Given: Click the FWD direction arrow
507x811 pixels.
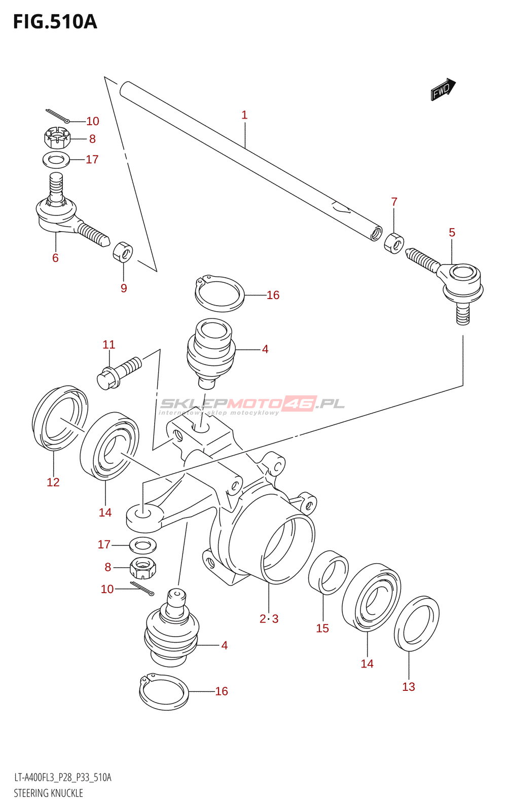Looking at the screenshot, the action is (443, 89).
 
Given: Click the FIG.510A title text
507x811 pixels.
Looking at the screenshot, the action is (55, 22).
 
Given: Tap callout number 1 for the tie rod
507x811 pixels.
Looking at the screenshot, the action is (244, 115).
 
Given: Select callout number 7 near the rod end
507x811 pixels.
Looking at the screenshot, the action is (394, 202).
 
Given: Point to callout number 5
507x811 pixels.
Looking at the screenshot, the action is (452, 233).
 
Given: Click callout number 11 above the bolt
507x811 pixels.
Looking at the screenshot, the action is (109, 344).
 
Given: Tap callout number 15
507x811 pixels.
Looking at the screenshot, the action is (322, 628).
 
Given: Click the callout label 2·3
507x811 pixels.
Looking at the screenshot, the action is (269, 619).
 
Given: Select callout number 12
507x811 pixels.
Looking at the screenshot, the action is (53, 482).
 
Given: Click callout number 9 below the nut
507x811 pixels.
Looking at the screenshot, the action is (124, 288).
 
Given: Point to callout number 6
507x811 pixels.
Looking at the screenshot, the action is (55, 258).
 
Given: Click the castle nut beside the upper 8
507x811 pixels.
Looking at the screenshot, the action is (57, 137).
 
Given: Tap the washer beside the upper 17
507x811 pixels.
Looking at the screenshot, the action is (56, 160).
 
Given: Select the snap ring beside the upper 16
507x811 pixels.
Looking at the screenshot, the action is (220, 293).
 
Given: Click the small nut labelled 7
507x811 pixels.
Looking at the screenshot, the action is (394, 244).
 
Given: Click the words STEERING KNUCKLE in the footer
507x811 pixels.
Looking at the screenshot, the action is (49, 793).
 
